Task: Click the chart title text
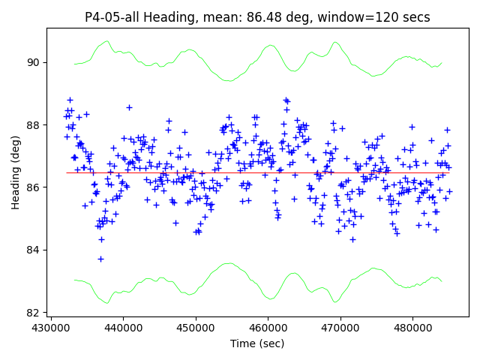tap(257, 17)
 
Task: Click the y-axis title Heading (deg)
tap(16, 172)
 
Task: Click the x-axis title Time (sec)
tap(257, 343)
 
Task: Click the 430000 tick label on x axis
tap(51, 328)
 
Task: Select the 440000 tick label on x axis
tap(123, 328)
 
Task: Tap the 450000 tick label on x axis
tap(196, 328)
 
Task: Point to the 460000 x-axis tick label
tap(268, 328)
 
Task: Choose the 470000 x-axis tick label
tap(340, 328)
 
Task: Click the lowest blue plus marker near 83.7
tap(100, 259)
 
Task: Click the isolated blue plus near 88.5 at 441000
tap(129, 107)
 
